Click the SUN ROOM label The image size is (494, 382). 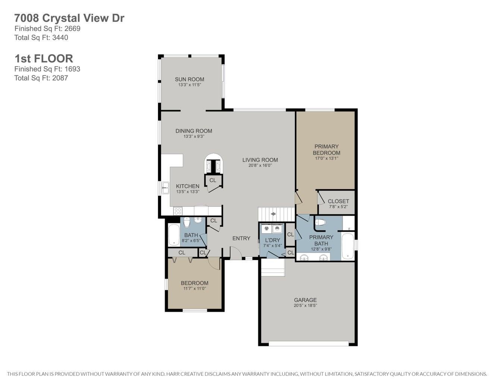pos(189,79)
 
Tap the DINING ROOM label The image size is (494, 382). pos(194,131)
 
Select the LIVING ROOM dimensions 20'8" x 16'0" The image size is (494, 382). pos(260,165)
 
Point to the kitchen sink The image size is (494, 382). pos(165,188)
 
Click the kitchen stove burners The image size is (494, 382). pos(178,211)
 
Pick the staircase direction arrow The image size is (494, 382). pos(273,214)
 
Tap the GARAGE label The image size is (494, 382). pos(305,300)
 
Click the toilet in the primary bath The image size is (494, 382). pos(321,222)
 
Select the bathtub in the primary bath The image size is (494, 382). pos(348,246)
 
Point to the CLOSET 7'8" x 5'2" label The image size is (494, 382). pos(338,204)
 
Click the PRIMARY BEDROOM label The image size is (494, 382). pos(327,150)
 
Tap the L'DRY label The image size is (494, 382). pos(273,240)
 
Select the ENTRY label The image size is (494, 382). pos(241,238)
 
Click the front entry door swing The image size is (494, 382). pos(236,253)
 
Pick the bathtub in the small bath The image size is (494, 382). pos(174,235)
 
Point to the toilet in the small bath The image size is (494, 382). pos(187,222)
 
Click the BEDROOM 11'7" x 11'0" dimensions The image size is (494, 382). pos(195,288)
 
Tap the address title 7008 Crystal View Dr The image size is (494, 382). pos(69,18)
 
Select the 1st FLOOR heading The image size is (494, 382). pos(44,59)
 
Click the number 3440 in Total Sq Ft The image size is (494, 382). pos(60,38)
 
